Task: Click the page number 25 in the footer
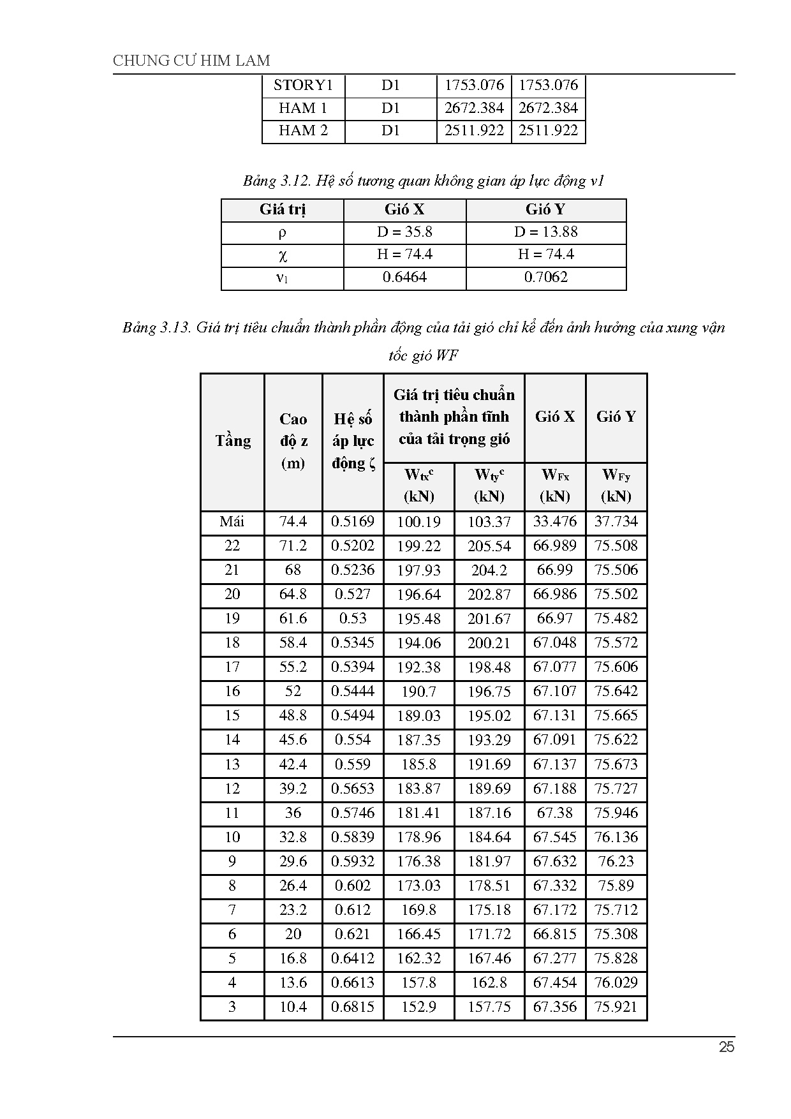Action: [x=726, y=1047]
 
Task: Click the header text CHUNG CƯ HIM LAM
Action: [x=191, y=61]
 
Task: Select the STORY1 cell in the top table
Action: [x=303, y=85]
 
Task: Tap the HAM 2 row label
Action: [x=303, y=131]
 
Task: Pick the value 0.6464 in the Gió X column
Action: [x=404, y=277]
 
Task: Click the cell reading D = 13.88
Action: [x=546, y=232]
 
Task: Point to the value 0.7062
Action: [x=546, y=277]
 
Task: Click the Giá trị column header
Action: [x=283, y=209]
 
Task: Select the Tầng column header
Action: [x=232, y=441]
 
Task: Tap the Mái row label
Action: [x=232, y=522]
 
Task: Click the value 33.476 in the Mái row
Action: [x=555, y=522]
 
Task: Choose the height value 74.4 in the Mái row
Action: [x=293, y=522]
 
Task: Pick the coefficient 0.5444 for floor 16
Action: [x=353, y=692]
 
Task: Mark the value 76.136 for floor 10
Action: [x=616, y=837]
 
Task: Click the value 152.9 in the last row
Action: [x=419, y=1007]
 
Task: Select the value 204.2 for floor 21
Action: [x=489, y=570]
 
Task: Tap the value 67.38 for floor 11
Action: [x=555, y=813]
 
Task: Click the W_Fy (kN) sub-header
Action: [x=616, y=485]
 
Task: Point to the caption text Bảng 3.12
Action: [x=276, y=181]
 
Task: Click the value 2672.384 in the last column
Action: [x=549, y=108]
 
